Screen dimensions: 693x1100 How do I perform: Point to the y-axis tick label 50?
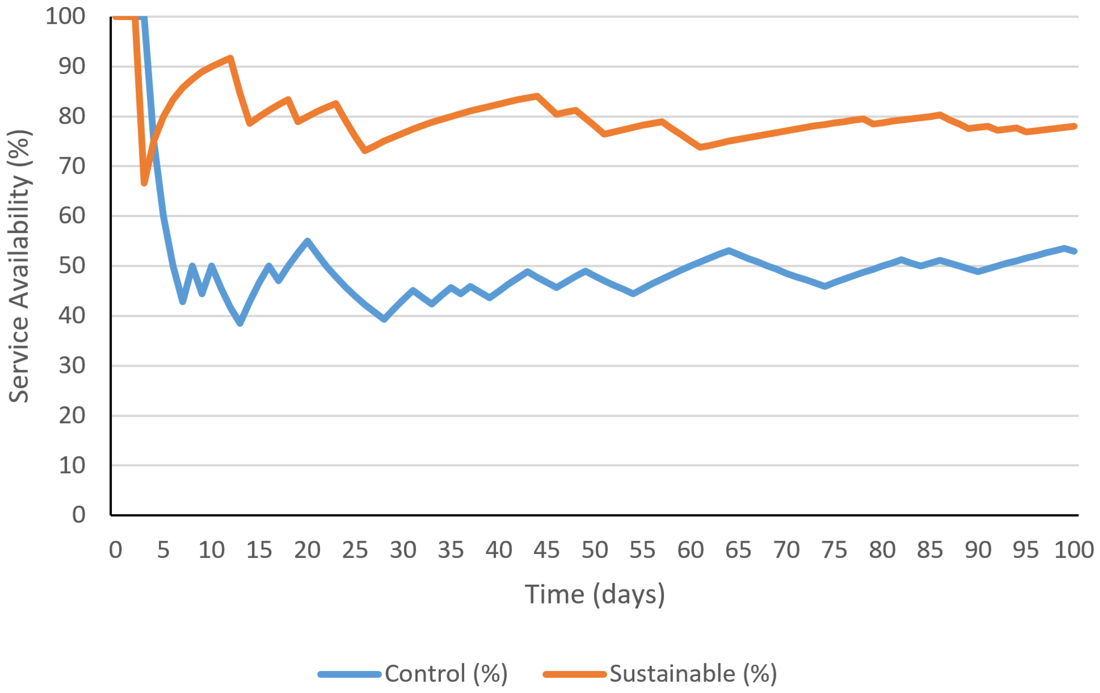tap(72, 265)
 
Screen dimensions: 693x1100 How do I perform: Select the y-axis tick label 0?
tap(78, 515)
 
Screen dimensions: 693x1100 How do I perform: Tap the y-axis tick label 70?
tap(72, 166)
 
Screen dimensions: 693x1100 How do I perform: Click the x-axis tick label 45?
tap(546, 550)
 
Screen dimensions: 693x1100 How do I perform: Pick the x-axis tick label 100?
tap(1073, 550)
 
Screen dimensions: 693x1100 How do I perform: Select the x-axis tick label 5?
tap(163, 550)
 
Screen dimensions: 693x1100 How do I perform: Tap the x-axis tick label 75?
tap(834, 550)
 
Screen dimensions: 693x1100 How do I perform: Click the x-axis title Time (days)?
tap(594, 595)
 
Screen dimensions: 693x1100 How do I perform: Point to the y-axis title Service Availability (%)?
tap(19, 266)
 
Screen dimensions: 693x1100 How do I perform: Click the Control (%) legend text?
tap(446, 674)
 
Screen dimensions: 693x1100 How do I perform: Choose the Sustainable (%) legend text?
tap(693, 674)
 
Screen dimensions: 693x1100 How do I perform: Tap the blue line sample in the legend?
tap(350, 674)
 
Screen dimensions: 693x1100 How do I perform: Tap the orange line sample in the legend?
tap(574, 674)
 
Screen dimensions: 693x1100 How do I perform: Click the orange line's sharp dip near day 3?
tap(144, 183)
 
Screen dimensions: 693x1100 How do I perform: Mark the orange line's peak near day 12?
tap(230, 58)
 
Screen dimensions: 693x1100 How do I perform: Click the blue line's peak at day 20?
tap(307, 241)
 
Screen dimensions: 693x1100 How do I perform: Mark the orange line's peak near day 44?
tap(537, 96)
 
